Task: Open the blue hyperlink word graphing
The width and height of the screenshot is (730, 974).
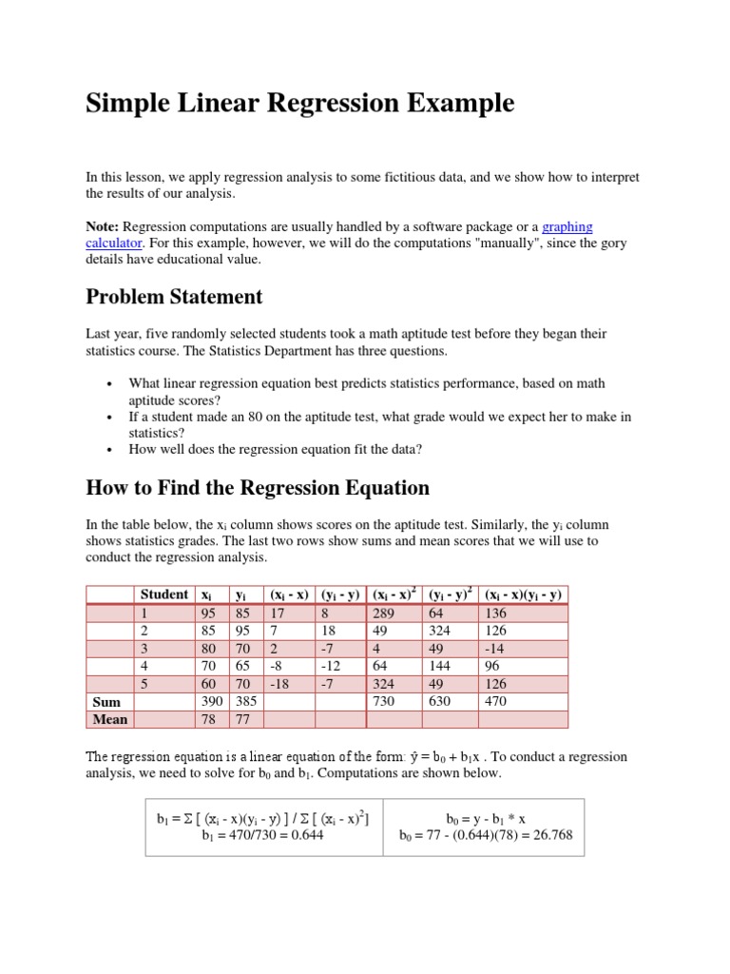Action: tap(567, 226)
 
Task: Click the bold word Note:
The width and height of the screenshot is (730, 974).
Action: tap(103, 226)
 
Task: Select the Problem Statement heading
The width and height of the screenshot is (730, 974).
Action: tap(174, 297)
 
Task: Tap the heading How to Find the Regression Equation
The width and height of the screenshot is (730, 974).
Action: tap(258, 488)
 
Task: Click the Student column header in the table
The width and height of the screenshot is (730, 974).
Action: tap(163, 594)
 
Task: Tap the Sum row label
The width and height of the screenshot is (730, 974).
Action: tap(106, 702)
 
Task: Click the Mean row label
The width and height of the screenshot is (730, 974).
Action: tap(110, 719)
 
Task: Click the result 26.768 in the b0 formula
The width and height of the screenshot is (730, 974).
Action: tap(548, 836)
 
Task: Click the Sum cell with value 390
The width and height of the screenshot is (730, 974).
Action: tap(212, 702)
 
